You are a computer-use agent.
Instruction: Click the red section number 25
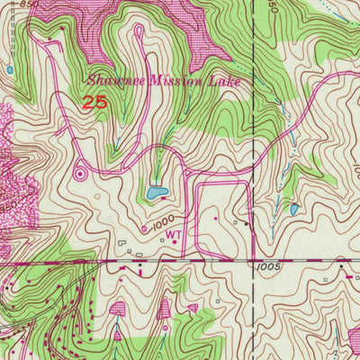(95, 102)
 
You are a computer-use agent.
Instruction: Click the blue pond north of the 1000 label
(158, 193)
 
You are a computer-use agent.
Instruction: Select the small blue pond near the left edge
(8, 69)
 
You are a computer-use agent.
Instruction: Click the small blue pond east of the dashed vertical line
(294, 210)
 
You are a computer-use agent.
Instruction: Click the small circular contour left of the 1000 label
(144, 229)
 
